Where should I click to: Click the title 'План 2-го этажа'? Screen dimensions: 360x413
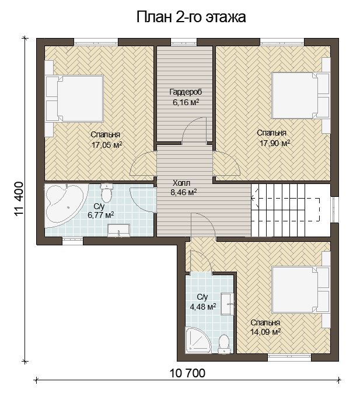(x=191, y=18)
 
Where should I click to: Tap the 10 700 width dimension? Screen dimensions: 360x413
(x=187, y=373)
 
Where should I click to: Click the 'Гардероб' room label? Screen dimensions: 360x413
(x=186, y=92)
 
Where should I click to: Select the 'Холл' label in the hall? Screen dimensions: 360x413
(x=181, y=183)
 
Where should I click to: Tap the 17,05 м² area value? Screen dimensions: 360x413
(x=107, y=144)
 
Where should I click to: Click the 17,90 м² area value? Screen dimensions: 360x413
(x=275, y=143)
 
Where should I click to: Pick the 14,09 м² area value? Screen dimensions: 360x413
(x=265, y=331)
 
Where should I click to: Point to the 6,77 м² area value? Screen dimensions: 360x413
(x=101, y=215)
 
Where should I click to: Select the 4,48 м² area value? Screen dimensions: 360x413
(x=203, y=307)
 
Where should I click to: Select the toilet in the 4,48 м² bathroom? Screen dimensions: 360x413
(x=224, y=343)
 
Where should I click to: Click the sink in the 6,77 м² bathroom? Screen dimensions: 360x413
(x=119, y=230)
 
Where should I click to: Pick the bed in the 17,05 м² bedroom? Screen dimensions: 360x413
(x=75, y=98)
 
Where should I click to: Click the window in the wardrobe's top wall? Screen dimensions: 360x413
(x=184, y=42)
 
